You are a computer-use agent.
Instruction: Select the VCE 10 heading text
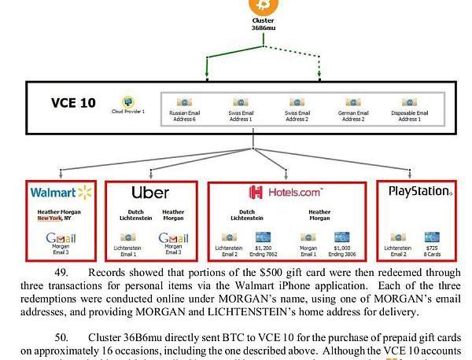pos(73,103)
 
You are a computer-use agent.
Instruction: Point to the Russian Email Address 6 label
pos(184,116)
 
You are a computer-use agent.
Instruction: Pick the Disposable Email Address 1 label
pos(409,116)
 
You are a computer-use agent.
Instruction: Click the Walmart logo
pos(61,193)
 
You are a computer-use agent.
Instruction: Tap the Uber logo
pos(150,193)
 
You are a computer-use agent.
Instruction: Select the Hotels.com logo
pos(286,193)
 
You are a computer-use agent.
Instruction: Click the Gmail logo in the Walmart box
pos(61,238)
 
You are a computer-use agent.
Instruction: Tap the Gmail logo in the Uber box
pos(173,238)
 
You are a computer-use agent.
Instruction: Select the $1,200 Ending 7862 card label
pos(262,251)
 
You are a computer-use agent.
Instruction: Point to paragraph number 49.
pos(61,272)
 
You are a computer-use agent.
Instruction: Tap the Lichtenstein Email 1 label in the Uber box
pos(128,251)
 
